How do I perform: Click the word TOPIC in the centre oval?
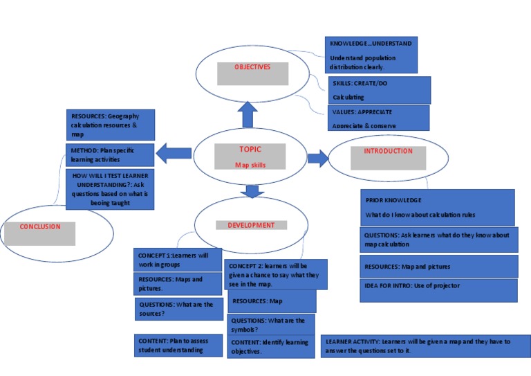click(x=250, y=150)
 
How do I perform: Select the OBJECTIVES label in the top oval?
click(x=252, y=67)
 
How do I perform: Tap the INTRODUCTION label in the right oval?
click(x=388, y=151)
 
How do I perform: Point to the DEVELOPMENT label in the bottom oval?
click(x=251, y=225)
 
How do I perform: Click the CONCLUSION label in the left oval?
click(x=40, y=226)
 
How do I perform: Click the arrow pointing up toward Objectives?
click(x=248, y=115)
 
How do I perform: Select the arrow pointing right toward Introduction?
click(x=318, y=159)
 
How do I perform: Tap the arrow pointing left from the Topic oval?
click(x=174, y=152)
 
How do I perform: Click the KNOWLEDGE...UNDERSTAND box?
click(x=372, y=55)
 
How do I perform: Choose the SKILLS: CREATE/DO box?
click(x=380, y=90)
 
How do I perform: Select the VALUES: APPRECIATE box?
click(x=379, y=118)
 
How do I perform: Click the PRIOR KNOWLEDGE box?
click(x=438, y=207)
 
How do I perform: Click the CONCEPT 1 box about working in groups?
click(x=178, y=260)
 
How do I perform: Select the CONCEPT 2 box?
click(x=276, y=274)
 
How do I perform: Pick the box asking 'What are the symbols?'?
click(x=271, y=325)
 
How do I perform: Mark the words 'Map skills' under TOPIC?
click(x=250, y=165)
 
